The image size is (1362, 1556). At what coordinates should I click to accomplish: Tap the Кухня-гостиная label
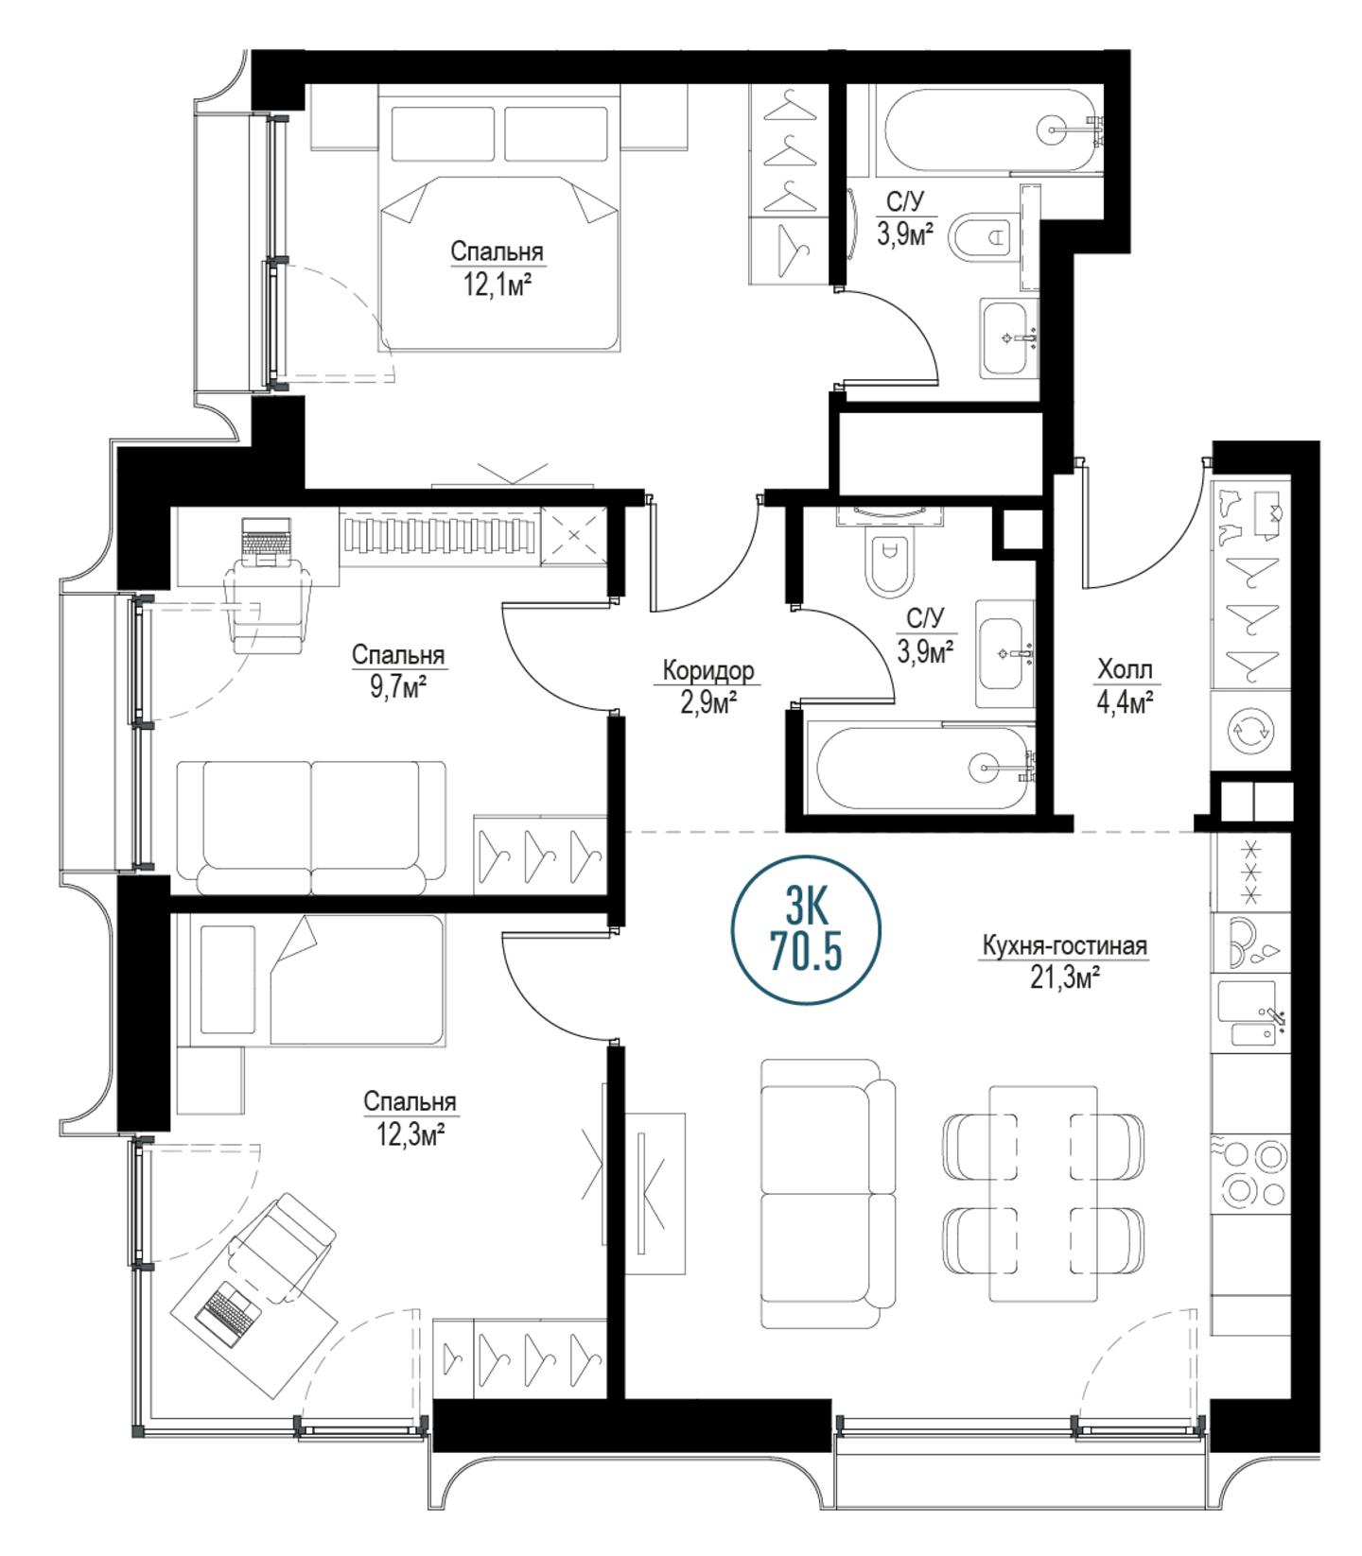1064,946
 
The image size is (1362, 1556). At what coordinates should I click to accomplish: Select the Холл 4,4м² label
1125,686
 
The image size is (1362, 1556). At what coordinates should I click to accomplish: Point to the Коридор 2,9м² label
708,685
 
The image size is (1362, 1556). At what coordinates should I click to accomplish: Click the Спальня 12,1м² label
497,268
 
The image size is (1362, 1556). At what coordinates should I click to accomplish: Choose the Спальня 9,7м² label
398,670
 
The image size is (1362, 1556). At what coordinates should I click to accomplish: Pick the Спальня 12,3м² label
410,1117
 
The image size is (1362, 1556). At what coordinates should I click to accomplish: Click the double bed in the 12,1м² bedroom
499,218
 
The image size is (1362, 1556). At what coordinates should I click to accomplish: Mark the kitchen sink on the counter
1250,1013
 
